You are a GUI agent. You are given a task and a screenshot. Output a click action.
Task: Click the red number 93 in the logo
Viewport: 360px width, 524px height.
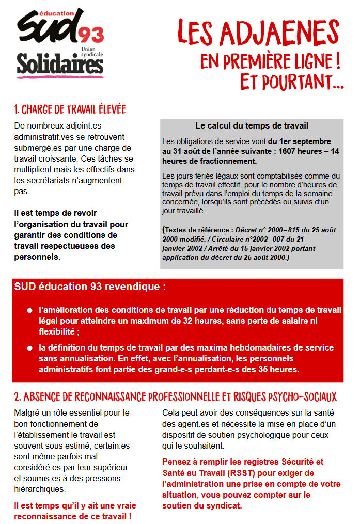pyautogui.click(x=91, y=36)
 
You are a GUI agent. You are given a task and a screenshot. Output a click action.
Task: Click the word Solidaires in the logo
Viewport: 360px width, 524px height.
pyautogui.click(x=60, y=64)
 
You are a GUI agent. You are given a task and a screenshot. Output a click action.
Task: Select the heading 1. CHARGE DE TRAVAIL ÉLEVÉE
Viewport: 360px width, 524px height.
pyautogui.click(x=70, y=109)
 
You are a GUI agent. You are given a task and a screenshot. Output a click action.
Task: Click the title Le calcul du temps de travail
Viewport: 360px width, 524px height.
pyautogui.click(x=252, y=125)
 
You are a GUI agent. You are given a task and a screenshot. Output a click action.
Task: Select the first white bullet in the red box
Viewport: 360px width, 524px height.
pyautogui.click(x=30, y=311)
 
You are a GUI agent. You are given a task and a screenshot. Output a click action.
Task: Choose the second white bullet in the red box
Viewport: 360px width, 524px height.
pyautogui.click(x=30, y=348)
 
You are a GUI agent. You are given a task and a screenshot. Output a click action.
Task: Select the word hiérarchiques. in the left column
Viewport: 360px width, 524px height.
pyautogui.click(x=40, y=489)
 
